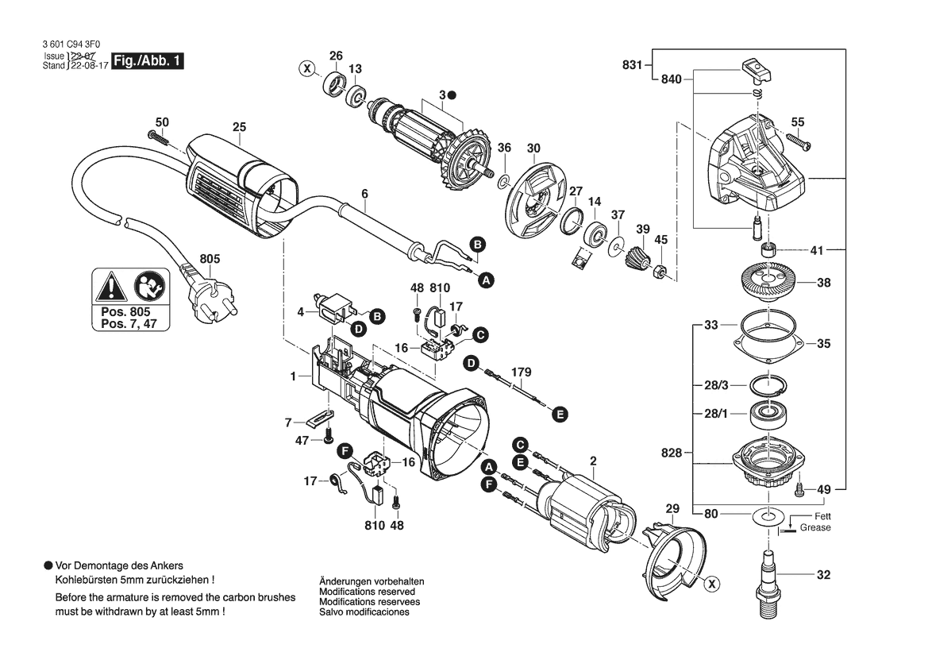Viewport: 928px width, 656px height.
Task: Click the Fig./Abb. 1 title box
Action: click(148, 60)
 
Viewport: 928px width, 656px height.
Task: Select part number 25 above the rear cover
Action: click(239, 127)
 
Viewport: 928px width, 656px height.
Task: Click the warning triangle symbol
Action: click(110, 287)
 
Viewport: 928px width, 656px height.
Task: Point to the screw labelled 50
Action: click(158, 138)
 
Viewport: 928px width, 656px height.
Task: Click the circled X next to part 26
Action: click(306, 69)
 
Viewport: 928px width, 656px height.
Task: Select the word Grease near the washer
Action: click(815, 527)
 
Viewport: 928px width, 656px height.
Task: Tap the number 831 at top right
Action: click(632, 64)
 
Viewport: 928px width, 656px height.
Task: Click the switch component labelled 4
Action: click(334, 307)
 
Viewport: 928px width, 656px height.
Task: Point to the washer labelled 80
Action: click(768, 517)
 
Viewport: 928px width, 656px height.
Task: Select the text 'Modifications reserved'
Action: click(367, 592)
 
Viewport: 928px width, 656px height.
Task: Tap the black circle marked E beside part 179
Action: click(560, 414)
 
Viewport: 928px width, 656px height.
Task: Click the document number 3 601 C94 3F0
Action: click(71, 44)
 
